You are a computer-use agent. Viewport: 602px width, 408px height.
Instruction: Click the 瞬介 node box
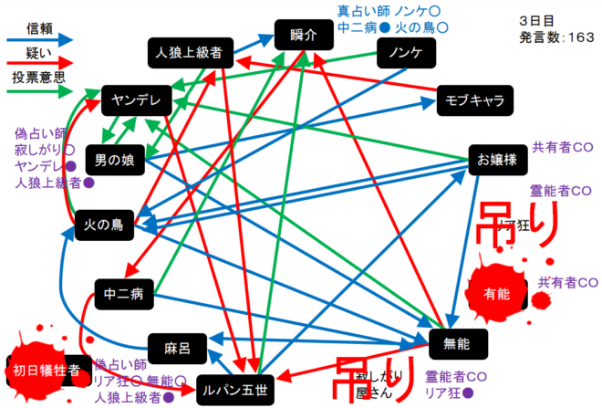pos(301,36)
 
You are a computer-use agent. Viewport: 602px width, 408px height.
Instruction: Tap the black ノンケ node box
pos(404,54)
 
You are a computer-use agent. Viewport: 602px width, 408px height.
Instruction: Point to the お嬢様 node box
pos(497,159)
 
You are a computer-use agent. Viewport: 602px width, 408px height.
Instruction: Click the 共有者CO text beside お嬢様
pos(564,146)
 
